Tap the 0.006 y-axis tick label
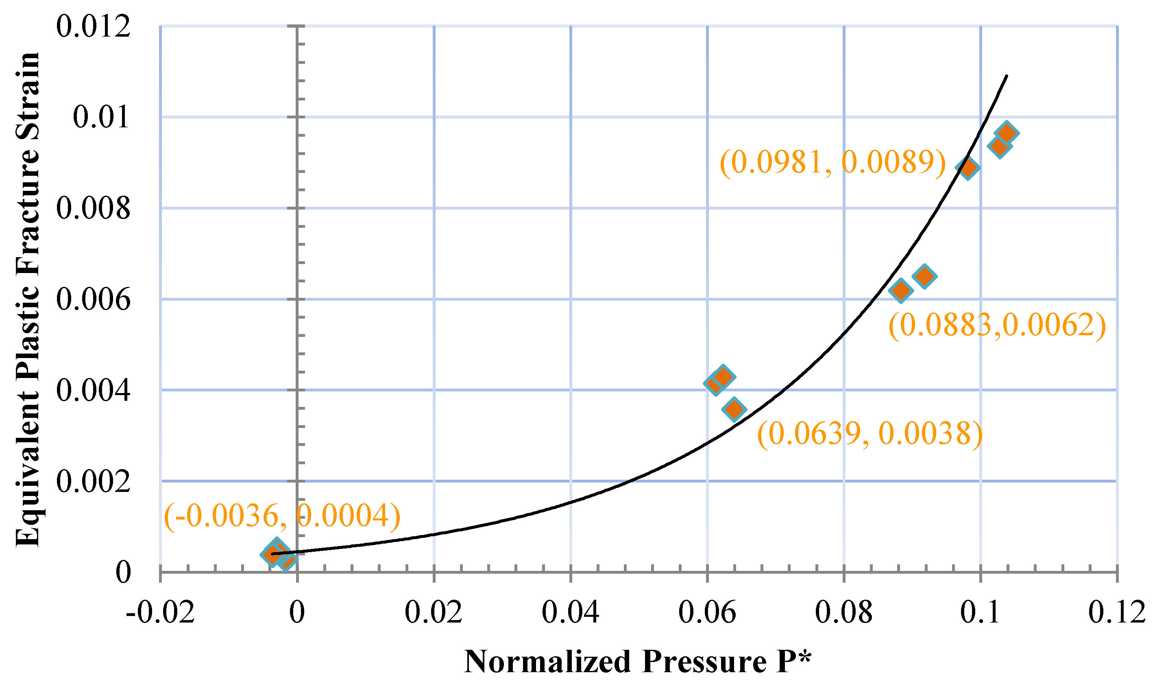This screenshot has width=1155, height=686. click(x=93, y=299)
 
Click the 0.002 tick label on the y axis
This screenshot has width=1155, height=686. click(x=93, y=482)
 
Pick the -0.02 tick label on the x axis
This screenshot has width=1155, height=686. click(x=160, y=612)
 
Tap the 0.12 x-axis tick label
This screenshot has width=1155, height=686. click(x=1117, y=612)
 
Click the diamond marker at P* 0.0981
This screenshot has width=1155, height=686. click(x=968, y=167)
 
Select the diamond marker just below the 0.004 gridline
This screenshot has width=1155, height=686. click(x=734, y=409)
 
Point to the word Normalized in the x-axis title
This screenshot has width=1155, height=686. click(x=547, y=662)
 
